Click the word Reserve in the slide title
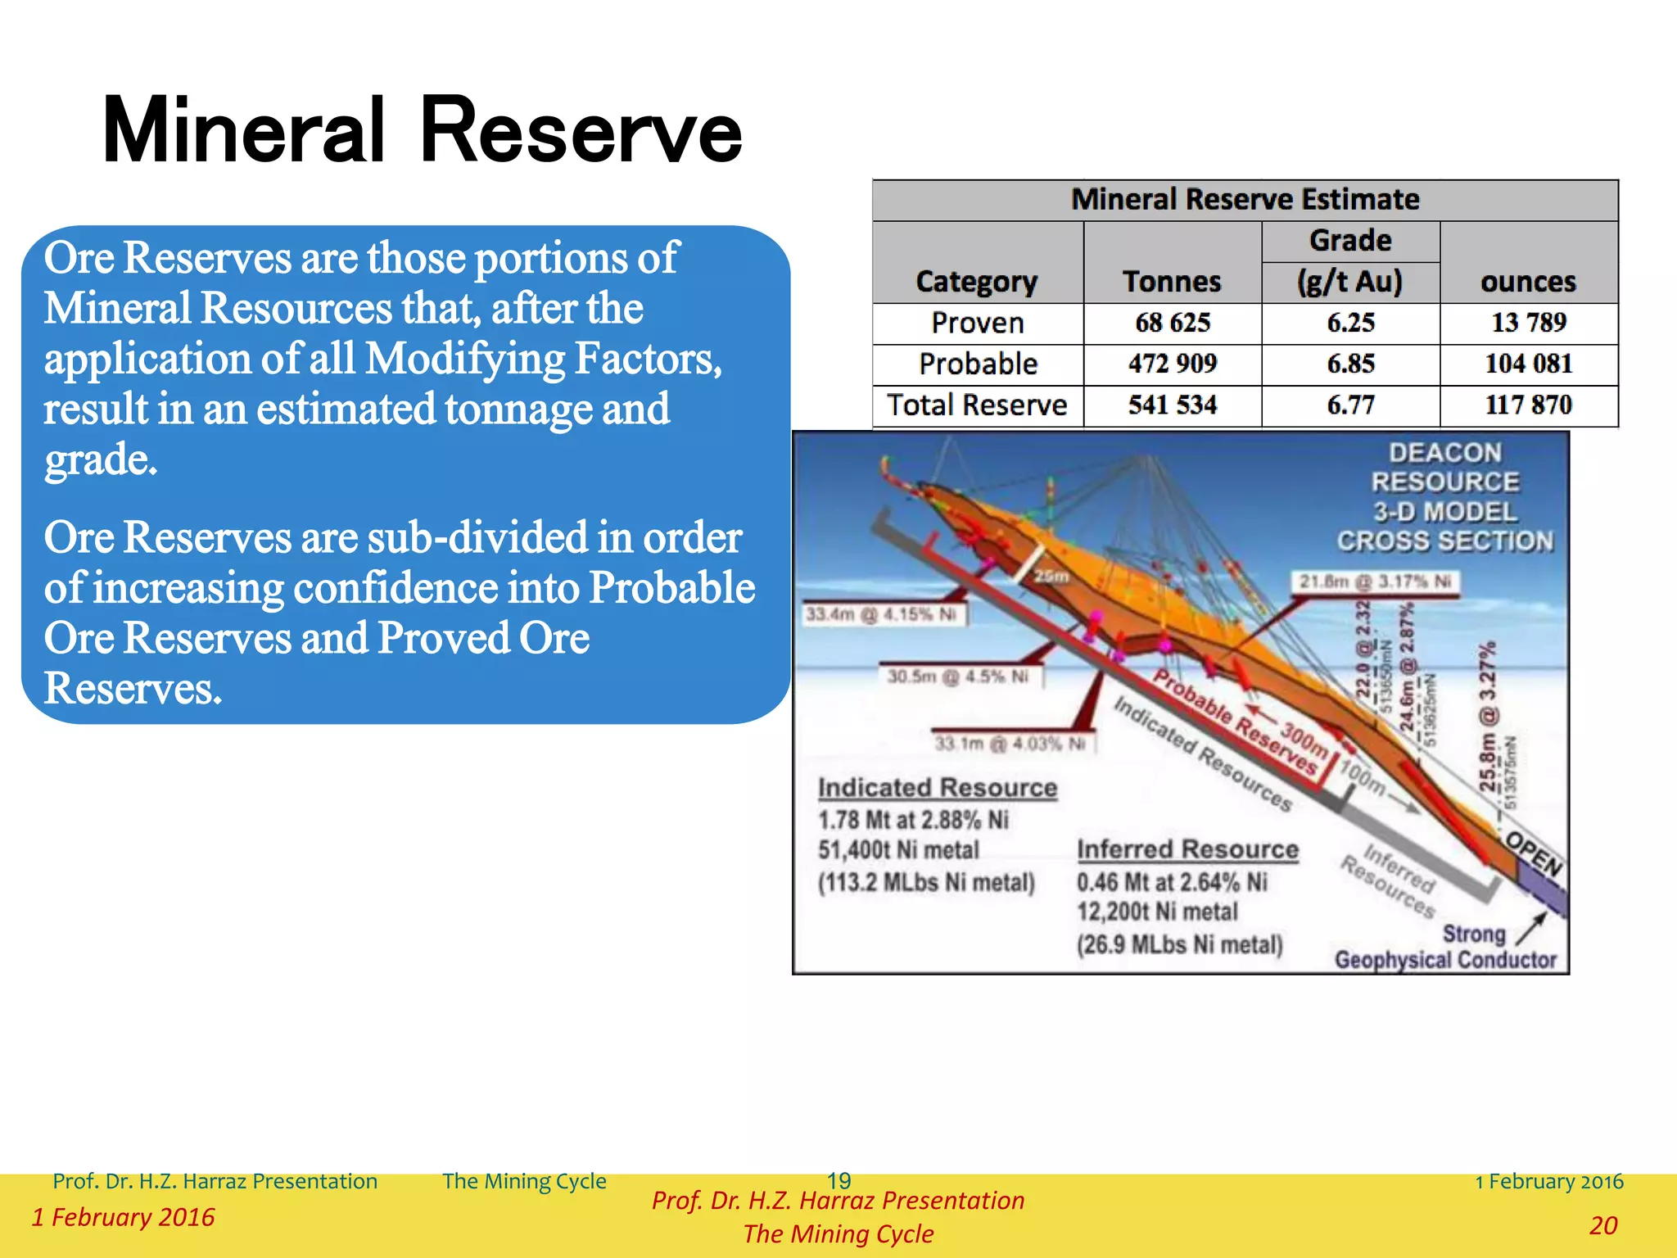(x=580, y=131)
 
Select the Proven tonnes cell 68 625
(x=1172, y=323)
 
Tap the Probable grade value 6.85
(x=1350, y=364)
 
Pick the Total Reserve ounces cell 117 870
(x=1528, y=405)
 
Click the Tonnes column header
(x=1172, y=281)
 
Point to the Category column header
(x=976, y=281)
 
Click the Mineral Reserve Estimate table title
(x=1245, y=199)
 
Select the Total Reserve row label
(x=977, y=405)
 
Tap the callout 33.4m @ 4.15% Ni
(x=881, y=614)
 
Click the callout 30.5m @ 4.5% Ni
(x=958, y=676)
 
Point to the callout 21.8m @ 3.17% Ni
(x=1375, y=581)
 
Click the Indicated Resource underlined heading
(x=938, y=787)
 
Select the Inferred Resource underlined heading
(x=1187, y=849)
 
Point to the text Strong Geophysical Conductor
(x=1446, y=948)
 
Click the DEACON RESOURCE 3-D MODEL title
(x=1445, y=496)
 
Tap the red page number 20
(x=1602, y=1225)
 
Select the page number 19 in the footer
(x=838, y=1180)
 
